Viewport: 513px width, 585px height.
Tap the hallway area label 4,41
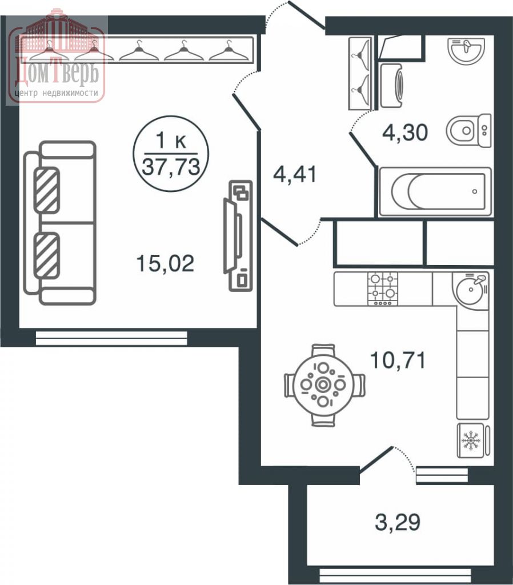coord(294,174)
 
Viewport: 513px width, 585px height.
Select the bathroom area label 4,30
coord(405,133)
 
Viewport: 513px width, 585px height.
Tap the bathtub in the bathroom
coord(435,191)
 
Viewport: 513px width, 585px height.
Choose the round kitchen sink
coord(472,290)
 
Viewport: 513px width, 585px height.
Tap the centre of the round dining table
coord(324,384)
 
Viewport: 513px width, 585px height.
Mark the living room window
coord(111,339)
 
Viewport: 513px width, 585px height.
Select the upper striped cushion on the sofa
coord(47,189)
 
